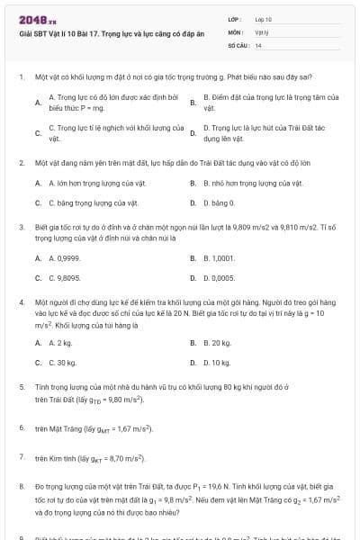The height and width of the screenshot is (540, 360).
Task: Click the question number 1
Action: pyautogui.click(x=21, y=77)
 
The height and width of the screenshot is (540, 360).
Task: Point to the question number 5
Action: pyautogui.click(x=21, y=385)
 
